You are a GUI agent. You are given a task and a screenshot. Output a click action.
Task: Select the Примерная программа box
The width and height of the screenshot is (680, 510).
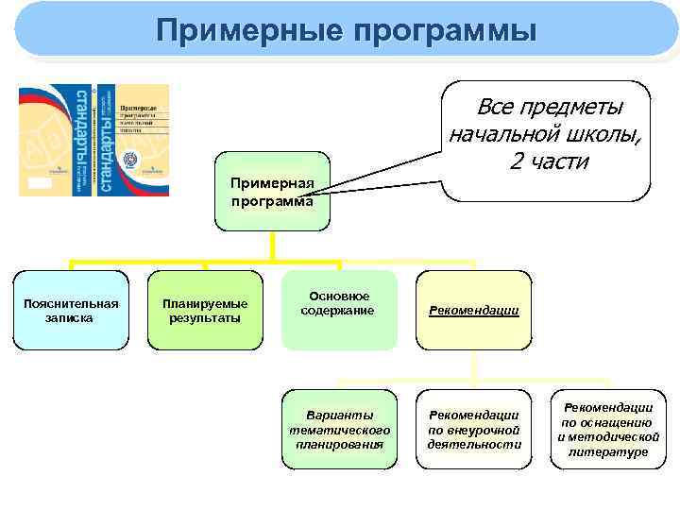[x=273, y=193]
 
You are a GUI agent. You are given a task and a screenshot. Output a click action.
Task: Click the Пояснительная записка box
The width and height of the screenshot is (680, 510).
[x=72, y=311]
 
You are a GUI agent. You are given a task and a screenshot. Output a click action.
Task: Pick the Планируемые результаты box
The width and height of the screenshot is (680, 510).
[x=205, y=311]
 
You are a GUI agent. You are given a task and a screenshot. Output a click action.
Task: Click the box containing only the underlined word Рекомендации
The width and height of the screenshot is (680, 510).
[x=474, y=310]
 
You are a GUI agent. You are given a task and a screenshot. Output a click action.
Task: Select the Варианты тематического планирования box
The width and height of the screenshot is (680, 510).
[x=340, y=429]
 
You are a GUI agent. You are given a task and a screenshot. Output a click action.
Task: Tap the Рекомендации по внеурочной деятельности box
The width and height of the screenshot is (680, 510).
[x=474, y=429]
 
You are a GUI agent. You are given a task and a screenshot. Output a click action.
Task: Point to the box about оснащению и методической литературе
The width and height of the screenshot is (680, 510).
[x=608, y=429]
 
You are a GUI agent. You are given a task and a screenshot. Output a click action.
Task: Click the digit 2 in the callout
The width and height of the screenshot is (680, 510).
[x=516, y=161]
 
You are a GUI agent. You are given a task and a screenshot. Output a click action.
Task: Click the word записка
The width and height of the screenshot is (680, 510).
[x=72, y=318]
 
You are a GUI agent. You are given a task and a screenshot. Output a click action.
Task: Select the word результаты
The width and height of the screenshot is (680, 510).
[x=205, y=318]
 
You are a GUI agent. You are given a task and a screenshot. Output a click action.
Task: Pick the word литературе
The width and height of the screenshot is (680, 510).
[x=608, y=452]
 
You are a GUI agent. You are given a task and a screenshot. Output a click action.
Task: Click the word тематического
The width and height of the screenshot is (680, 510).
[x=340, y=429]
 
